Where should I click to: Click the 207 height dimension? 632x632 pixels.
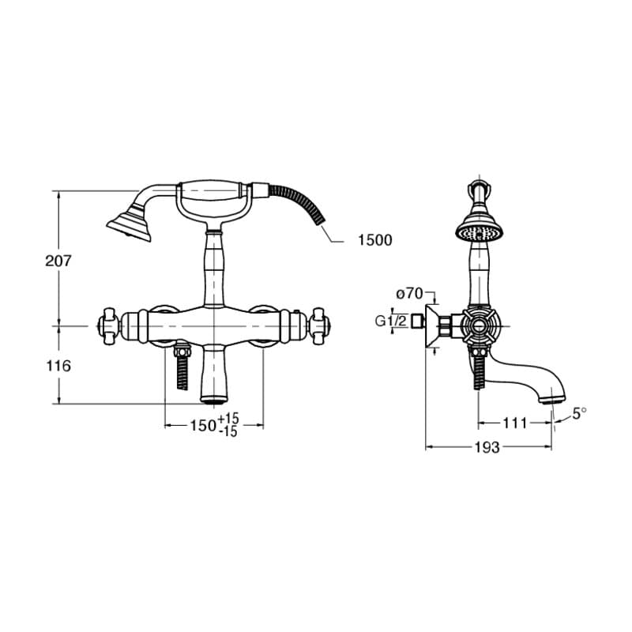[x=58, y=261]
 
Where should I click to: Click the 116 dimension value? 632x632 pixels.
[x=58, y=366]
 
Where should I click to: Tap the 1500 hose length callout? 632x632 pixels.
[x=374, y=240]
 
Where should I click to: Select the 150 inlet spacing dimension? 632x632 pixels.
[x=203, y=425]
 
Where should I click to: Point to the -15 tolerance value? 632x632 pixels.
[x=229, y=431]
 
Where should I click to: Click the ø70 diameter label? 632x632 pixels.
[x=409, y=294]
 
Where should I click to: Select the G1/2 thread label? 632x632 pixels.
[x=390, y=322]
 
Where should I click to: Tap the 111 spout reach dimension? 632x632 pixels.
[x=515, y=423]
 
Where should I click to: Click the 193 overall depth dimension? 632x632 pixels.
[x=487, y=447]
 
